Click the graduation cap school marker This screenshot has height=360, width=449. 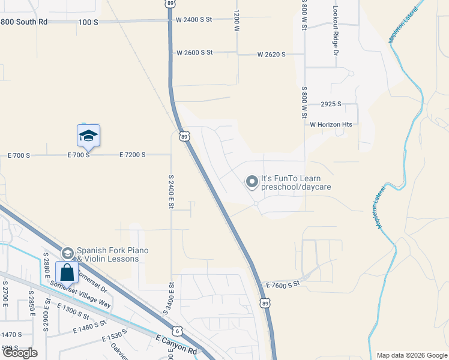point(88,136)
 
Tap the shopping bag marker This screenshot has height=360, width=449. point(67,272)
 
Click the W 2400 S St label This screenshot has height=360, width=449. point(194,20)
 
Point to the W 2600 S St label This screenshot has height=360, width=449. point(194,53)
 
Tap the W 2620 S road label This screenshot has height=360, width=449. point(271,55)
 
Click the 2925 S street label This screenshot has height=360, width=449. point(331,104)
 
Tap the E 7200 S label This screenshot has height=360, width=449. point(132,155)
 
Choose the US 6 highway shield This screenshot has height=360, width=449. point(176,330)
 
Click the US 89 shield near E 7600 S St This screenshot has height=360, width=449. point(265,304)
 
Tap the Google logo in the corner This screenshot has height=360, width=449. point(20,353)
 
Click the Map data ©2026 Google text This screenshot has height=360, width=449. point(412,355)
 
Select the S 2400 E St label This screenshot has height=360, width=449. point(171,191)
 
